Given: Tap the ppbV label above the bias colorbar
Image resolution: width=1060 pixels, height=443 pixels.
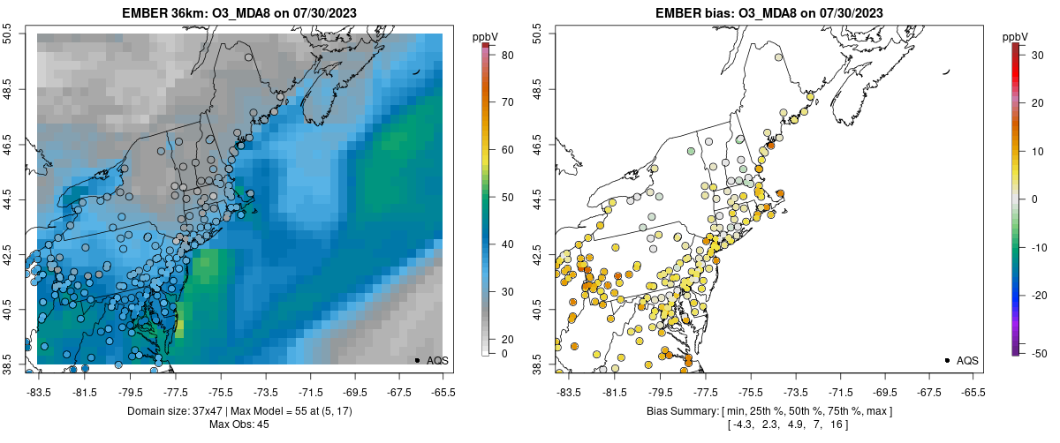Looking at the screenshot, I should [1016, 36].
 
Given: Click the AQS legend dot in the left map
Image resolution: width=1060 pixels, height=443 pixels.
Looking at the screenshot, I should [416, 360].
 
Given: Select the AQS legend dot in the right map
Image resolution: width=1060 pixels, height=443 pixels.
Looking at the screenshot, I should [946, 360].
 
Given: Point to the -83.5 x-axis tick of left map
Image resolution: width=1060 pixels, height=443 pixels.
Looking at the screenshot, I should [39, 391].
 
